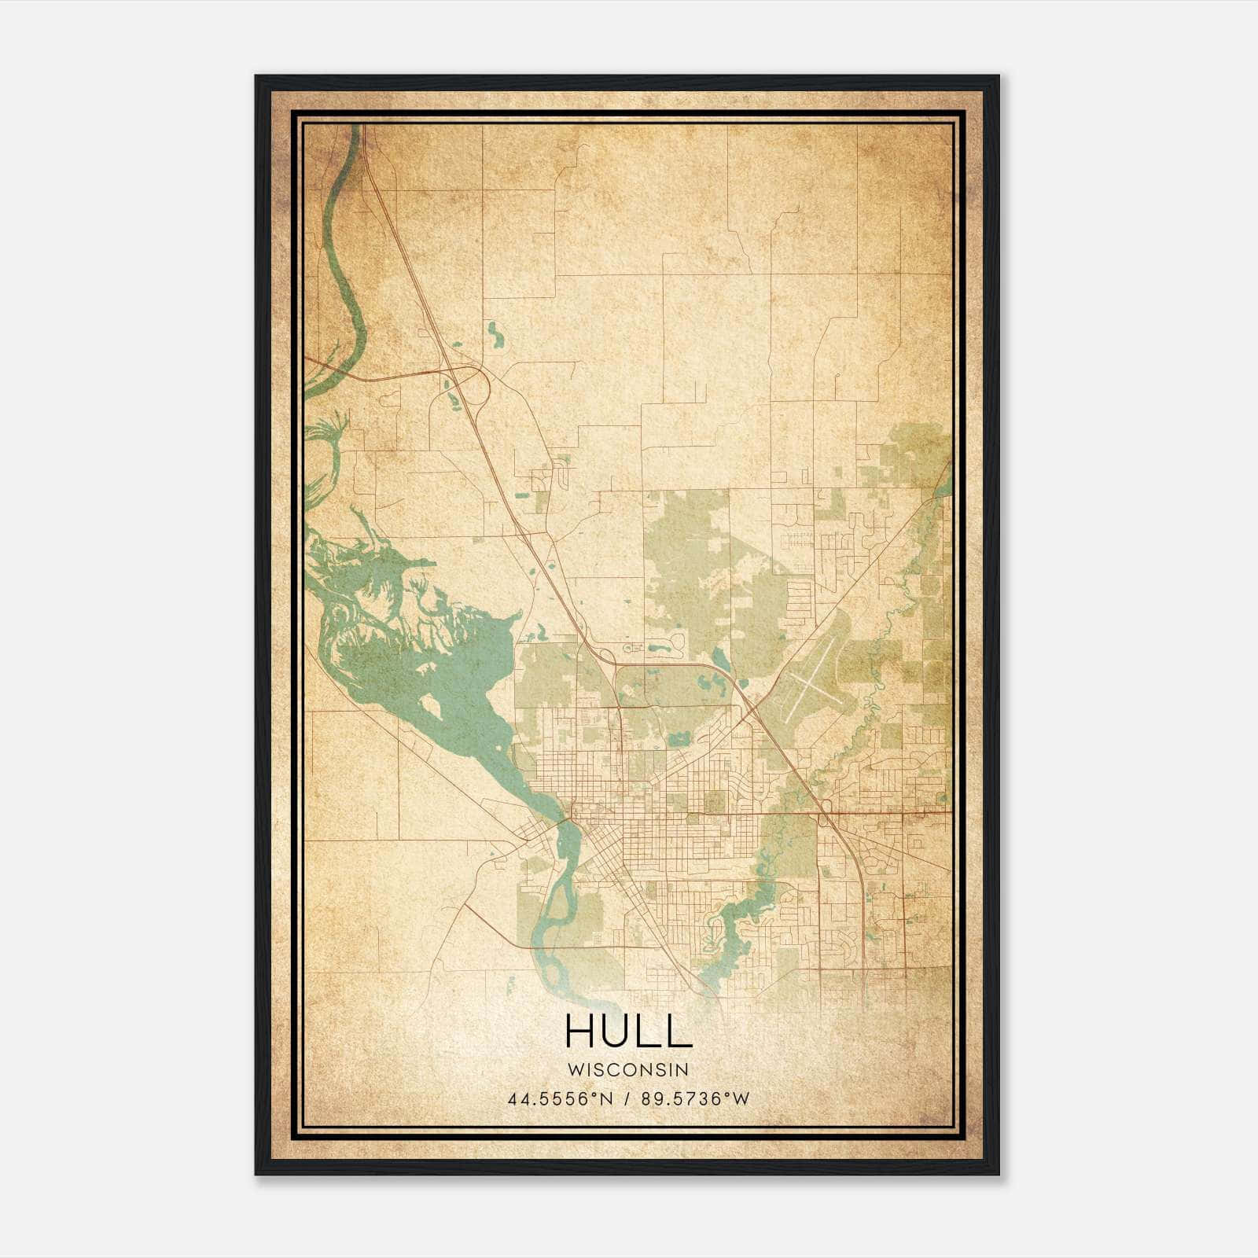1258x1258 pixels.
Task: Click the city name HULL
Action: tap(628, 1031)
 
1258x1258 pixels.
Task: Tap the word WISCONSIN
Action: tap(628, 1070)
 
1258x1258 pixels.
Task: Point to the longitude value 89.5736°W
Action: tap(695, 1099)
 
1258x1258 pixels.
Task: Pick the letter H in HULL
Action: tap(579, 1031)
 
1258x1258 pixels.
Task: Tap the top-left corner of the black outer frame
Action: tap(257, 77)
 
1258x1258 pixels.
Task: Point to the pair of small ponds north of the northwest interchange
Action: tap(495, 335)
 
